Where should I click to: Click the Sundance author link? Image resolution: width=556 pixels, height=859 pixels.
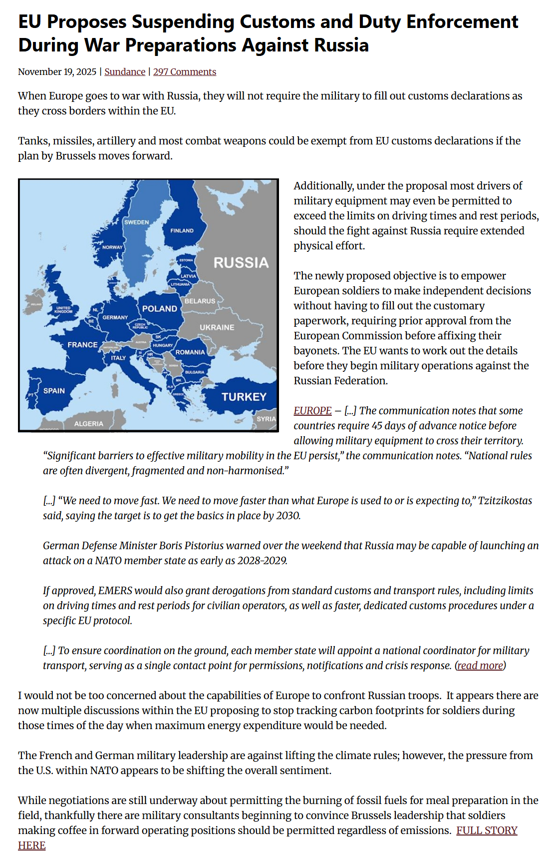[x=125, y=72]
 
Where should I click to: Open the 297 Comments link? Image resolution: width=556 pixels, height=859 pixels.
[x=184, y=72]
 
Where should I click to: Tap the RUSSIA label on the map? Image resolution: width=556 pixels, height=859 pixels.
[x=241, y=263]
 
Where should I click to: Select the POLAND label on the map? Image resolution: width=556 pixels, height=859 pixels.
[x=160, y=309]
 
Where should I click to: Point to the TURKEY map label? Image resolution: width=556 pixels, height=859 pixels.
[x=244, y=397]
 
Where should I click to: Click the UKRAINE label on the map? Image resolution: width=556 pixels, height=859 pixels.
[x=217, y=327]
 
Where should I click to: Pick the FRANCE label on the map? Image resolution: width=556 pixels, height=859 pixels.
[x=82, y=345]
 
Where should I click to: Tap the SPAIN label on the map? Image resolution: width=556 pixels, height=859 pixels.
[x=54, y=391]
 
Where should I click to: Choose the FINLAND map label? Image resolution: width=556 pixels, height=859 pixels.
[x=182, y=231]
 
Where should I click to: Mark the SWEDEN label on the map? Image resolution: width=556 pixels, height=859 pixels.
[x=136, y=222]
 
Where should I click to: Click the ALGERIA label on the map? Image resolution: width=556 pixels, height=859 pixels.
[x=88, y=424]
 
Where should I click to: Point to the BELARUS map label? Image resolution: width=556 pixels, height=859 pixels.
[x=200, y=301]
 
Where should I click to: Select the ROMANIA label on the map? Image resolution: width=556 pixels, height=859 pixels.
[x=190, y=352]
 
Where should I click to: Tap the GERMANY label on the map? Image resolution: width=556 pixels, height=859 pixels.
[x=115, y=317]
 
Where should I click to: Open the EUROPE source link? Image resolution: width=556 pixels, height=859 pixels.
[x=312, y=411]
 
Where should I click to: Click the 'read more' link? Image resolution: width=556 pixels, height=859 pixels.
[x=480, y=666]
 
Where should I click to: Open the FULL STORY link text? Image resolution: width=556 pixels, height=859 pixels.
[x=487, y=831]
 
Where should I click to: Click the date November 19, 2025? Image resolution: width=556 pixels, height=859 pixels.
[x=57, y=72]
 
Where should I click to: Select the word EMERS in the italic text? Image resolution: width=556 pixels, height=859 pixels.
[x=115, y=591]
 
